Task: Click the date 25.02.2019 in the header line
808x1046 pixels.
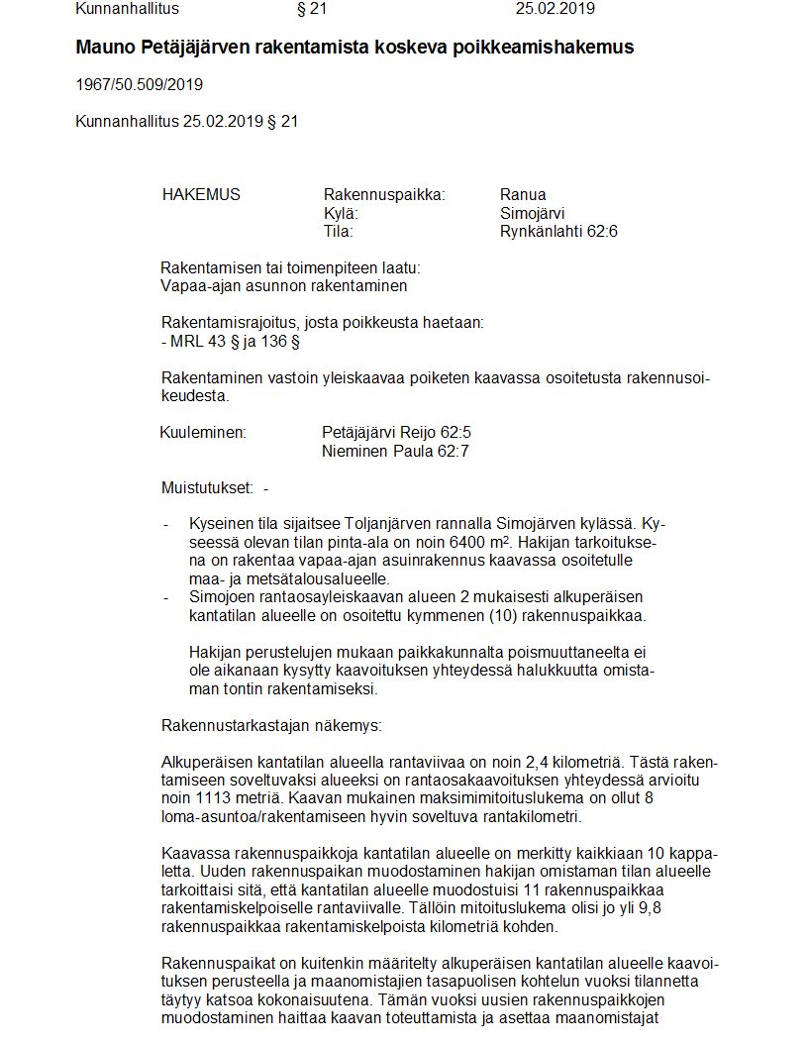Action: pyautogui.click(x=555, y=9)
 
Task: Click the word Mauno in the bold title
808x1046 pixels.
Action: pyautogui.click(x=102, y=47)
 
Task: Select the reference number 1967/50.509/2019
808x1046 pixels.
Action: pyautogui.click(x=140, y=84)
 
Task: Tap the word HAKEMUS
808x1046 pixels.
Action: pyautogui.click(x=201, y=194)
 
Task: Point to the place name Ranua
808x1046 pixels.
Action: pyautogui.click(x=523, y=194)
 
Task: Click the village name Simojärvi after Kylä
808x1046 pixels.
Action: pyautogui.click(x=533, y=213)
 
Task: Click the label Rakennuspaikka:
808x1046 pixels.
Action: pyautogui.click(x=384, y=194)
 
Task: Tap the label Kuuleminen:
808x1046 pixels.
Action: pyautogui.click(x=202, y=432)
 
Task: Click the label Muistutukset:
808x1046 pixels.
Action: pyautogui.click(x=207, y=487)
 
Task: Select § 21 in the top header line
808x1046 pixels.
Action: pyautogui.click(x=311, y=9)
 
